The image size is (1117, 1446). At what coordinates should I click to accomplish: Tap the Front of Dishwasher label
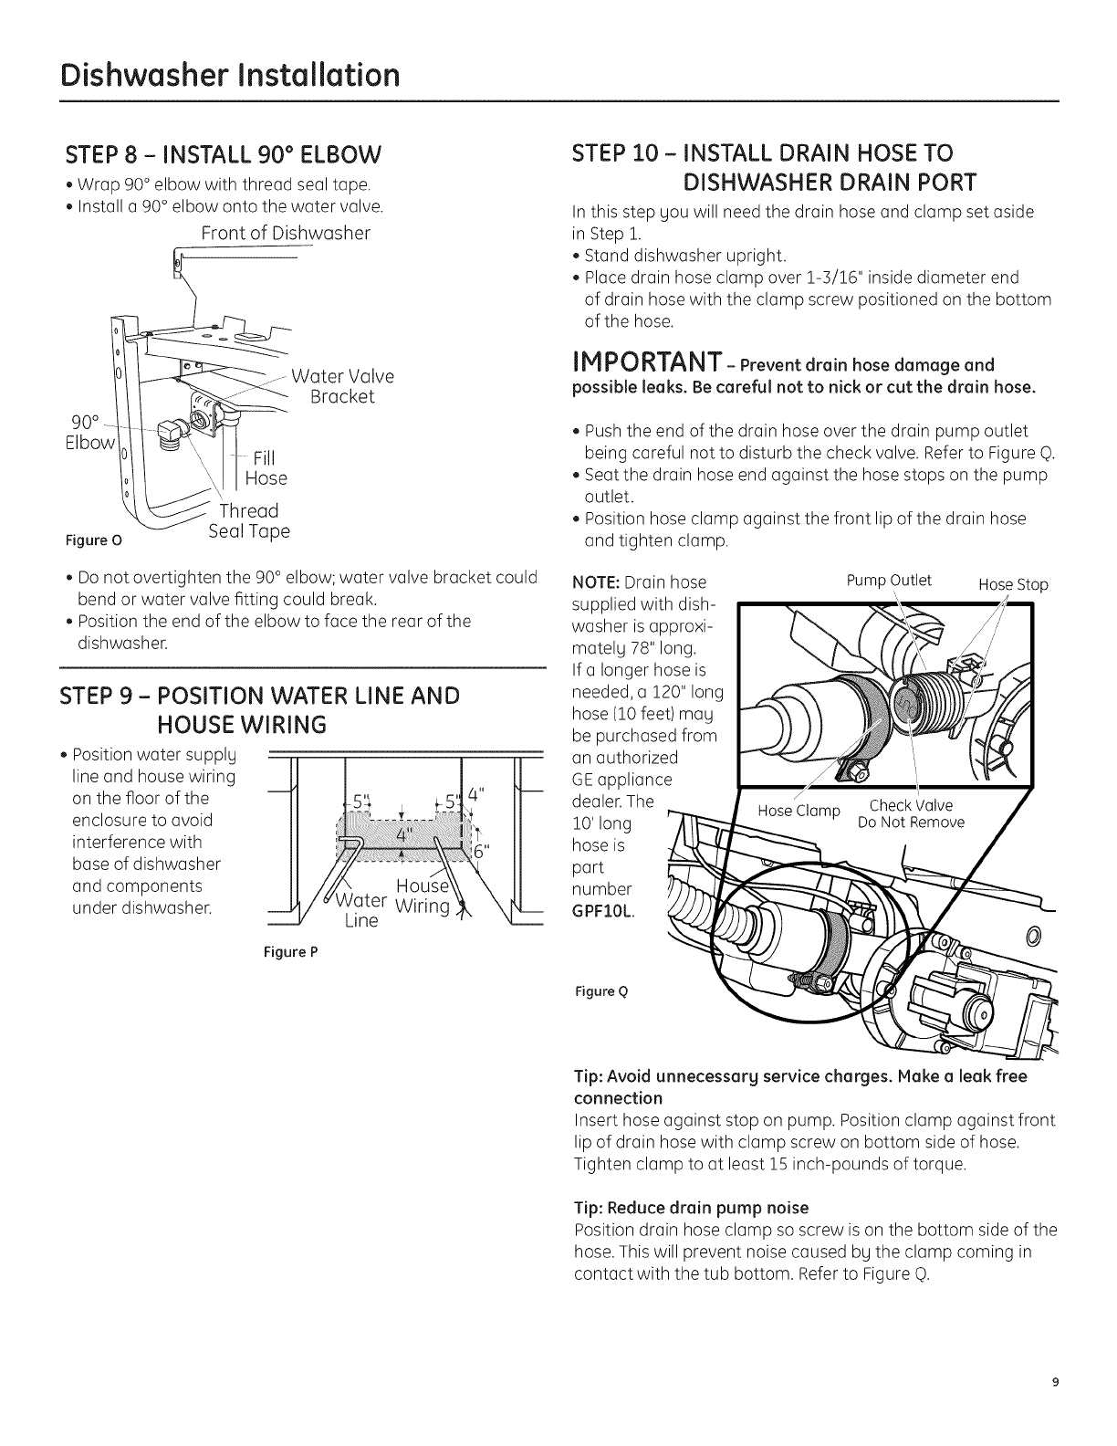[286, 233]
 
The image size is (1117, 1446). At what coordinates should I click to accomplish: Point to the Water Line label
[361, 910]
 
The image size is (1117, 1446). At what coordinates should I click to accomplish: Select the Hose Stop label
[1013, 584]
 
